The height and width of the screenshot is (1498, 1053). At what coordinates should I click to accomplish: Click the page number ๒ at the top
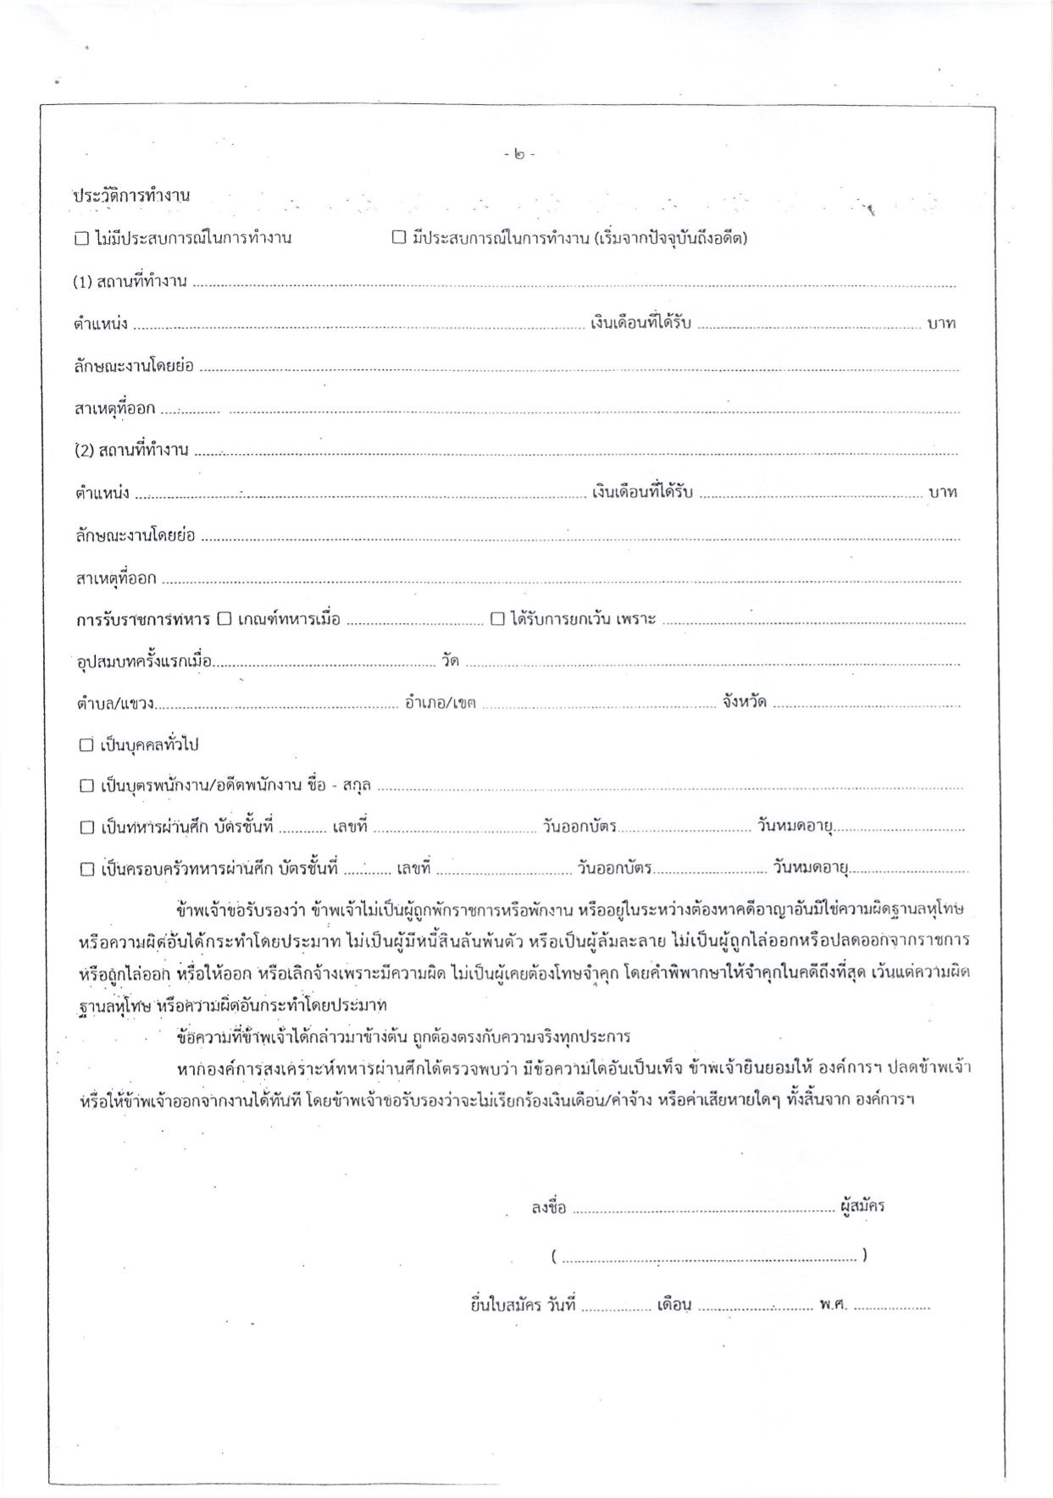tap(518, 156)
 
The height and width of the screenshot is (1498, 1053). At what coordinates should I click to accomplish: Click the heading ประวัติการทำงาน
tap(131, 196)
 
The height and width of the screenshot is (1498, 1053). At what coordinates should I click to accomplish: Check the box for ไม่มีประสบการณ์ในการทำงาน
tap(81, 239)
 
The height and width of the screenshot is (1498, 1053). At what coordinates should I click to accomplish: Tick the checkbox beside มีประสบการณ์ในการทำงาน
tap(399, 238)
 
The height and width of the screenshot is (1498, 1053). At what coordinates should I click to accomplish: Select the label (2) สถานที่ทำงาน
tap(130, 450)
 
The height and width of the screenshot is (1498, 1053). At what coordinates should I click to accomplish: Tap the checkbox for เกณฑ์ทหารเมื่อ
tap(224, 619)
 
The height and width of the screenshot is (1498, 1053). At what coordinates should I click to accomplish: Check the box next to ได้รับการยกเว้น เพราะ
tap(498, 619)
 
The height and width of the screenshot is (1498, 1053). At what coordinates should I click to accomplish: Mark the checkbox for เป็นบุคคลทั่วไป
tap(86, 745)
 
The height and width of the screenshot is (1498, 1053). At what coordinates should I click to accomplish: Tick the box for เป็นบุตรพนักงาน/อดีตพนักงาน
tap(86, 786)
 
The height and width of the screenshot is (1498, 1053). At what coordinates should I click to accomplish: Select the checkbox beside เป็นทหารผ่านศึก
tap(86, 827)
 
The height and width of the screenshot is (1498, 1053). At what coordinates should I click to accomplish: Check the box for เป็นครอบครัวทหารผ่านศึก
tap(86, 869)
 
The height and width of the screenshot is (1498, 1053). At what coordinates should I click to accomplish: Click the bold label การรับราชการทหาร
tap(142, 620)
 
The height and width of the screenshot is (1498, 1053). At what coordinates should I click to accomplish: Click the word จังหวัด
tap(745, 702)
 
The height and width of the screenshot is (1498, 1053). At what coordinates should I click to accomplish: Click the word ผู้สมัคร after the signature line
tap(863, 1206)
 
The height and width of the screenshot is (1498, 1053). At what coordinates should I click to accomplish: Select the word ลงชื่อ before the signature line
tap(549, 1208)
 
